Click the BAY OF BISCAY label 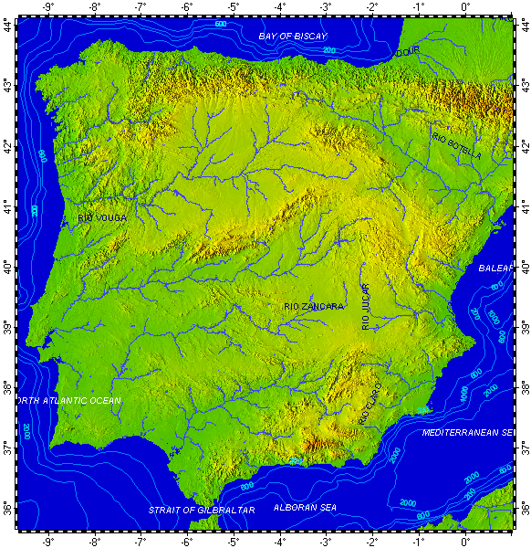tap(292, 37)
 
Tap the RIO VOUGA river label tap(102, 218)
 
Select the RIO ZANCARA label tap(314, 307)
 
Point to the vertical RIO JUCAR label tap(366, 298)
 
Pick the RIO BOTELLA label tap(456, 143)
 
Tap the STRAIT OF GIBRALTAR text tap(202, 509)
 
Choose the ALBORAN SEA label tap(305, 507)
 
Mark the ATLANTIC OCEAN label tap(69, 400)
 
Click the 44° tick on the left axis tap(8, 26)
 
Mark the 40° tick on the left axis tap(8, 268)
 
